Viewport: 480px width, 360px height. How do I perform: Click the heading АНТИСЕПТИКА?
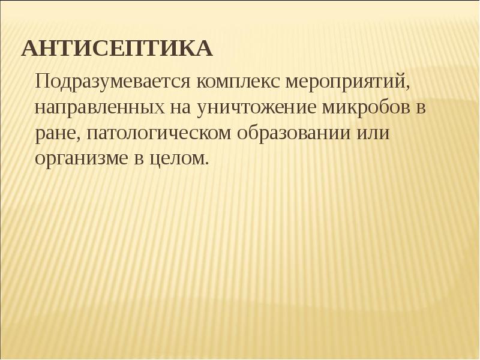click(x=117, y=49)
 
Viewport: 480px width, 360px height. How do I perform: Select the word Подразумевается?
click(x=113, y=81)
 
